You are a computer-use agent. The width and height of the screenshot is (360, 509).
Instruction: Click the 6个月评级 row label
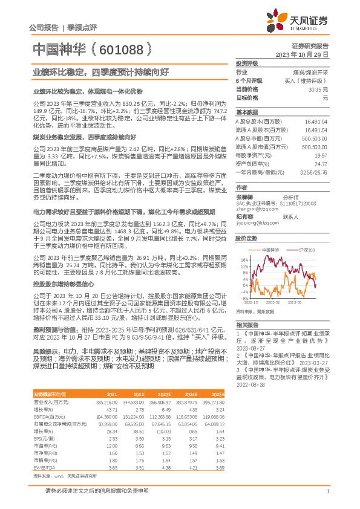pyautogui.click(x=249, y=80)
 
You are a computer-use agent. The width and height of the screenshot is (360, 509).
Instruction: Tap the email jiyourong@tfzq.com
pyautogui.click(x=254, y=223)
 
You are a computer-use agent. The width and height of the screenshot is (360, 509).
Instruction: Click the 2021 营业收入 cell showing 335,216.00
pyautogui.click(x=105, y=384)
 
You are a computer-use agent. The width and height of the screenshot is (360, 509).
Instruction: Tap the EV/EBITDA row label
pyautogui.click(x=43, y=450)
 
